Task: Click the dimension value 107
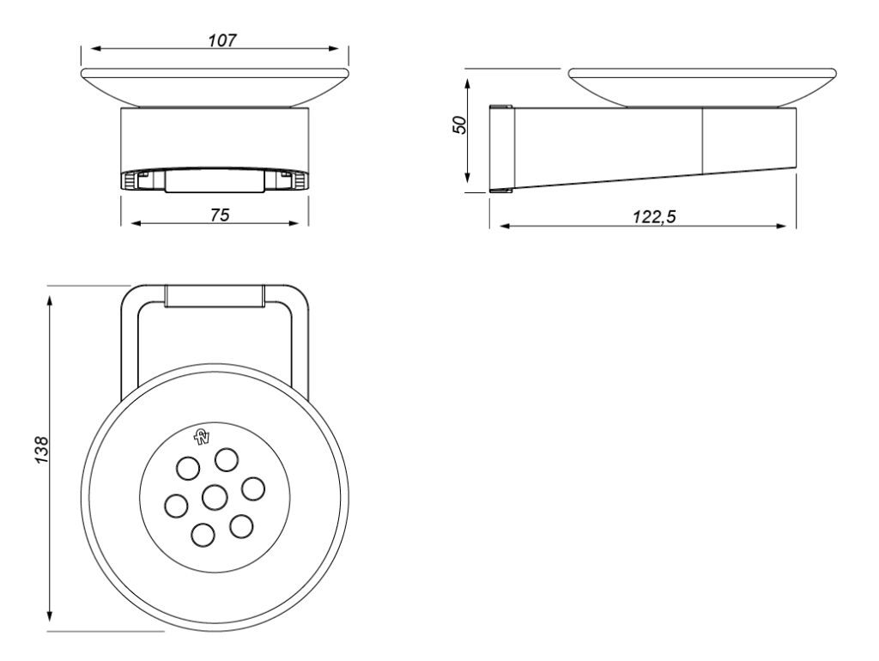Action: click(x=222, y=40)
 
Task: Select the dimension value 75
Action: click(x=220, y=215)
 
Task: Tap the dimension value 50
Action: click(x=458, y=124)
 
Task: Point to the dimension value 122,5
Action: click(x=654, y=216)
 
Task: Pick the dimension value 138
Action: click(x=42, y=450)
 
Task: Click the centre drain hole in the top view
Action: click(x=214, y=497)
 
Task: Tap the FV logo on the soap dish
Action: click(x=201, y=436)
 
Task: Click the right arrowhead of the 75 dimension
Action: click(x=294, y=224)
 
